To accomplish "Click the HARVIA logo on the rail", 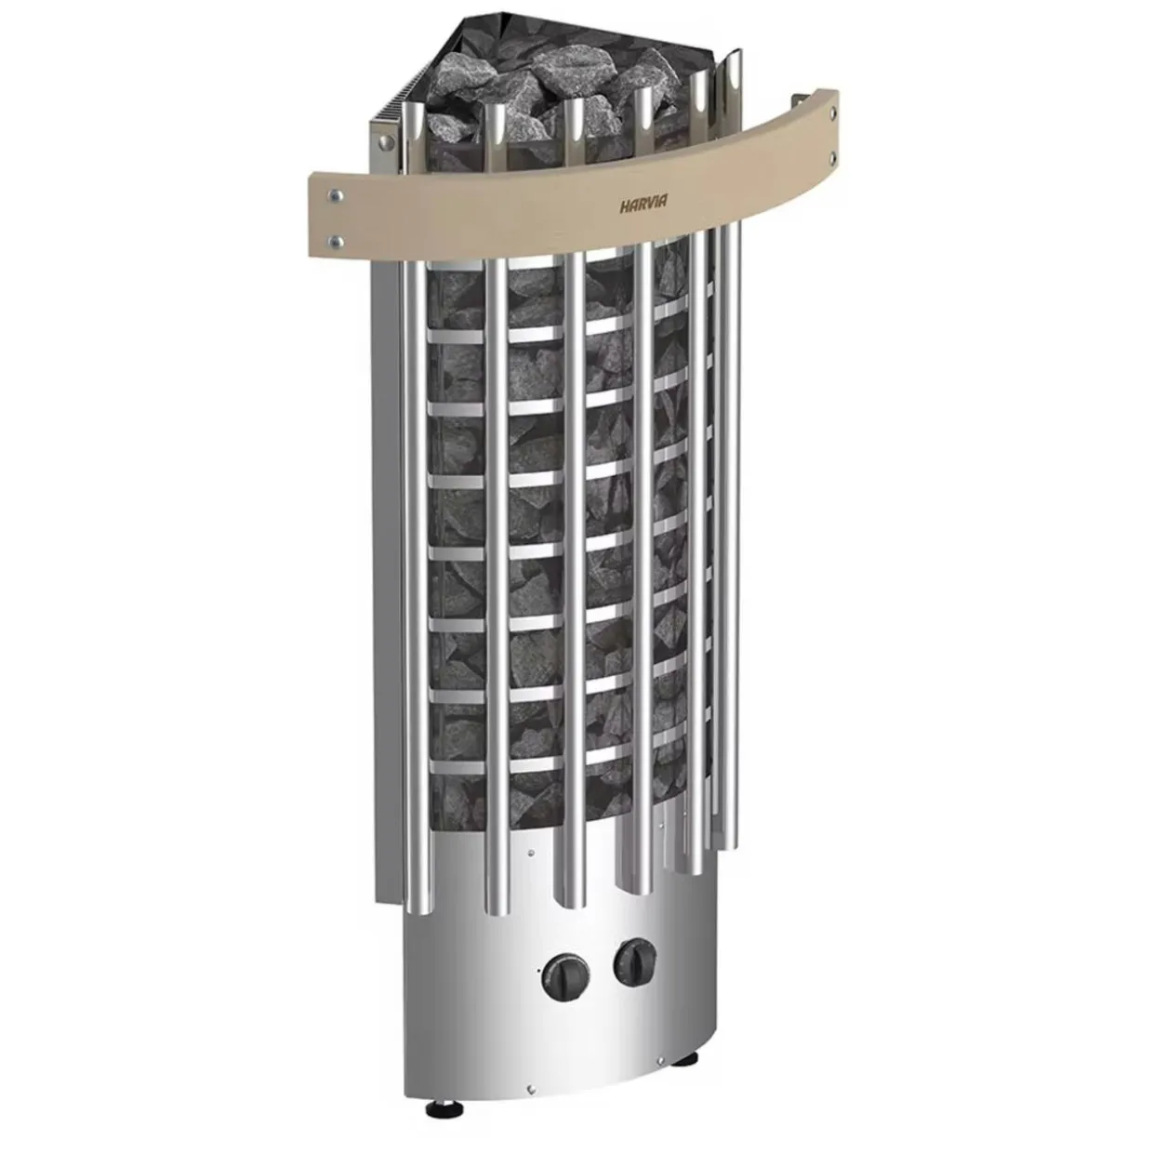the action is [639, 205].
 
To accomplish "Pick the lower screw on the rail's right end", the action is [832, 157].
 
